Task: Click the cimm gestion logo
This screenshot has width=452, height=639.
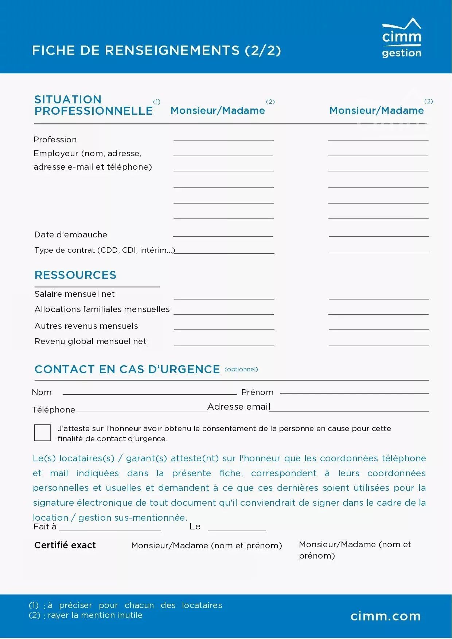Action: (x=401, y=38)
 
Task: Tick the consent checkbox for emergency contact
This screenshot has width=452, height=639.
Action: (x=43, y=433)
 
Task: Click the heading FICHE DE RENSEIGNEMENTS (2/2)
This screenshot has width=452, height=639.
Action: (x=156, y=50)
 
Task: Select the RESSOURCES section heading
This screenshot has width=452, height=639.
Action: (x=75, y=275)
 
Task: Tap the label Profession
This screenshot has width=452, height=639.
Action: (x=55, y=139)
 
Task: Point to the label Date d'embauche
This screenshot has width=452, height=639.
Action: (x=71, y=234)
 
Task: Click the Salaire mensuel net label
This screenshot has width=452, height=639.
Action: (x=74, y=294)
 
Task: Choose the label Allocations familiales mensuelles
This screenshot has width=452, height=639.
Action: (x=102, y=309)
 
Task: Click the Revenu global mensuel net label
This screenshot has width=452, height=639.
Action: (x=90, y=341)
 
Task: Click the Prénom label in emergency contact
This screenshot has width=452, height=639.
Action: (x=257, y=392)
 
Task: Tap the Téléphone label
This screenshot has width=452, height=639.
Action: (x=54, y=410)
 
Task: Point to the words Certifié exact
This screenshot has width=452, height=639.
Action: (x=65, y=545)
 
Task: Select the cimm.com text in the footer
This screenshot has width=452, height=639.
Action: (x=386, y=616)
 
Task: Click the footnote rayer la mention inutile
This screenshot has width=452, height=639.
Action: (x=95, y=615)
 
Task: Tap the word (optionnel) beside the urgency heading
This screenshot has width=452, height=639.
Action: (x=241, y=369)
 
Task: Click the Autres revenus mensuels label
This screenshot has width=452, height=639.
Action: (x=86, y=326)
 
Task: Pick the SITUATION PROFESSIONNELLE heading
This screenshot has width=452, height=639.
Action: (x=93, y=105)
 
